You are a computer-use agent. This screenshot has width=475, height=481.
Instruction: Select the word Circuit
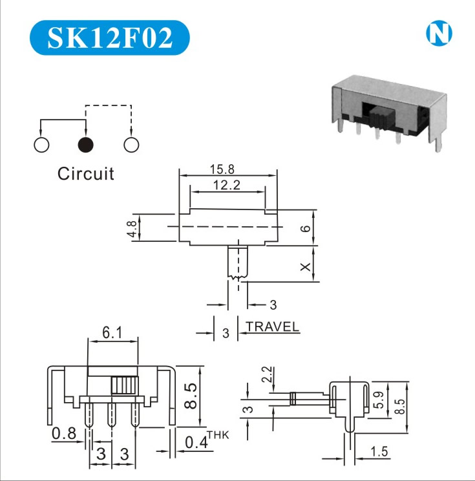coord(85,173)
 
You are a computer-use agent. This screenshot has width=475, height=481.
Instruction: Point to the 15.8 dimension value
coord(222,169)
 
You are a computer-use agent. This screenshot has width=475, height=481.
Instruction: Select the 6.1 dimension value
coord(112,334)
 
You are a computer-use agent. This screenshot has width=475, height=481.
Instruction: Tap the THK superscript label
coord(218,434)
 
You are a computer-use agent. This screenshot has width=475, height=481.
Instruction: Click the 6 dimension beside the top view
coord(306,228)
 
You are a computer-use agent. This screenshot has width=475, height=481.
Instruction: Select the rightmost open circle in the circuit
coord(131,145)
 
